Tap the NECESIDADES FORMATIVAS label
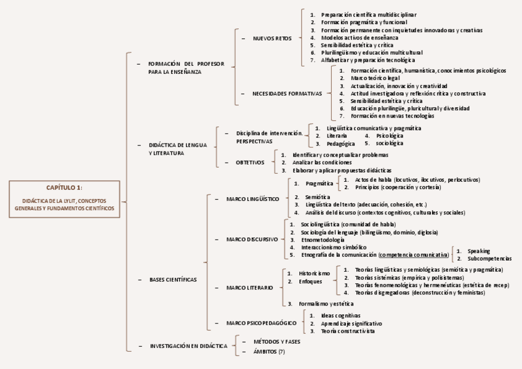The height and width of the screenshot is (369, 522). (287, 94)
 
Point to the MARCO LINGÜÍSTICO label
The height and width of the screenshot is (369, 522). (252, 199)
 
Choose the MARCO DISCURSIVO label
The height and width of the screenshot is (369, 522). (252, 239)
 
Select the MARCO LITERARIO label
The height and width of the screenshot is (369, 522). (249, 288)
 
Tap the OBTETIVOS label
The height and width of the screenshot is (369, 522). (250, 163)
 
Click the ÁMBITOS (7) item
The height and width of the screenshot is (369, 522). (265, 351)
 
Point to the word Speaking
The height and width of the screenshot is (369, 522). (478, 251)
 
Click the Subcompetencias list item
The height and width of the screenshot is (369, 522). (489, 259)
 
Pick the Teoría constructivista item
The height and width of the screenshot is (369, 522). (348, 331)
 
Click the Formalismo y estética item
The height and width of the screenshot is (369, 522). (326, 304)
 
